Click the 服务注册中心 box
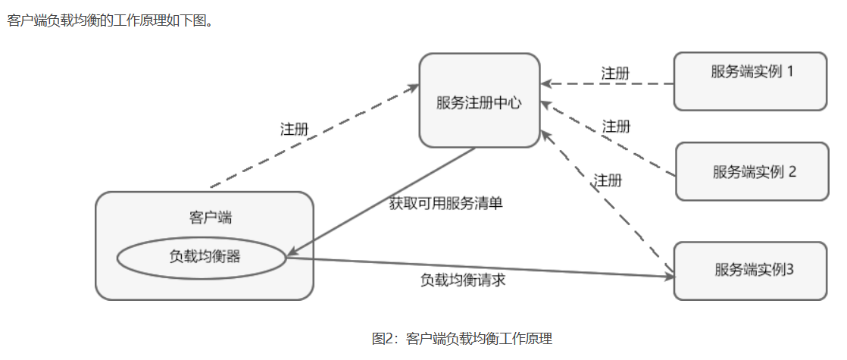480,100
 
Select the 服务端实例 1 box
750,81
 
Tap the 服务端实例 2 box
752,171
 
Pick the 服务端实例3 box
750,271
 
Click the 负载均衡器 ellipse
202,257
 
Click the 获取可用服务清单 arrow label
446,203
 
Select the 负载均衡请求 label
463,280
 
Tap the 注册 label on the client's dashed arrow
295,129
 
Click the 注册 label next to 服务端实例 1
615,74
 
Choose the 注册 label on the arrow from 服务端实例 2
616,126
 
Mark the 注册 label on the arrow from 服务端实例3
608,180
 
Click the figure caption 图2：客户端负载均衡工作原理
461,338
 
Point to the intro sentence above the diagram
109,20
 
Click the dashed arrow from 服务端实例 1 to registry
606,83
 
